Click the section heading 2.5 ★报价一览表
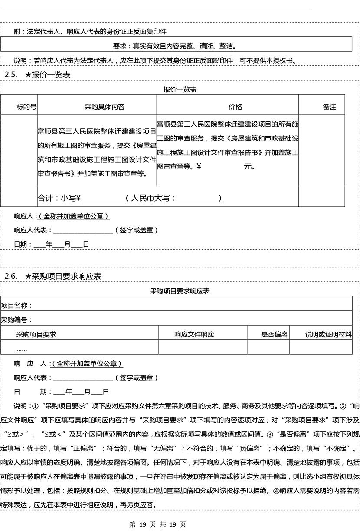pos(37,75)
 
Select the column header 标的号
pos(26,107)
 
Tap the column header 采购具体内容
pos(105,107)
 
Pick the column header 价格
pos(235,107)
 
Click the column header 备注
pos(329,107)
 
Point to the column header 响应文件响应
pos(194,334)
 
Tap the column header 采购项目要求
pos(36,334)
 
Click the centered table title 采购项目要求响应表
pos(180,291)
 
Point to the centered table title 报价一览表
pos(180,90)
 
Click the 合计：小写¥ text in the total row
pos(59,198)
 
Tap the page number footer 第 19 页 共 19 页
pos(158,524)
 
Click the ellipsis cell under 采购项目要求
pos(22,349)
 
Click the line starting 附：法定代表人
pos(90,32)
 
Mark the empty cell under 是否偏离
pos(268,347)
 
